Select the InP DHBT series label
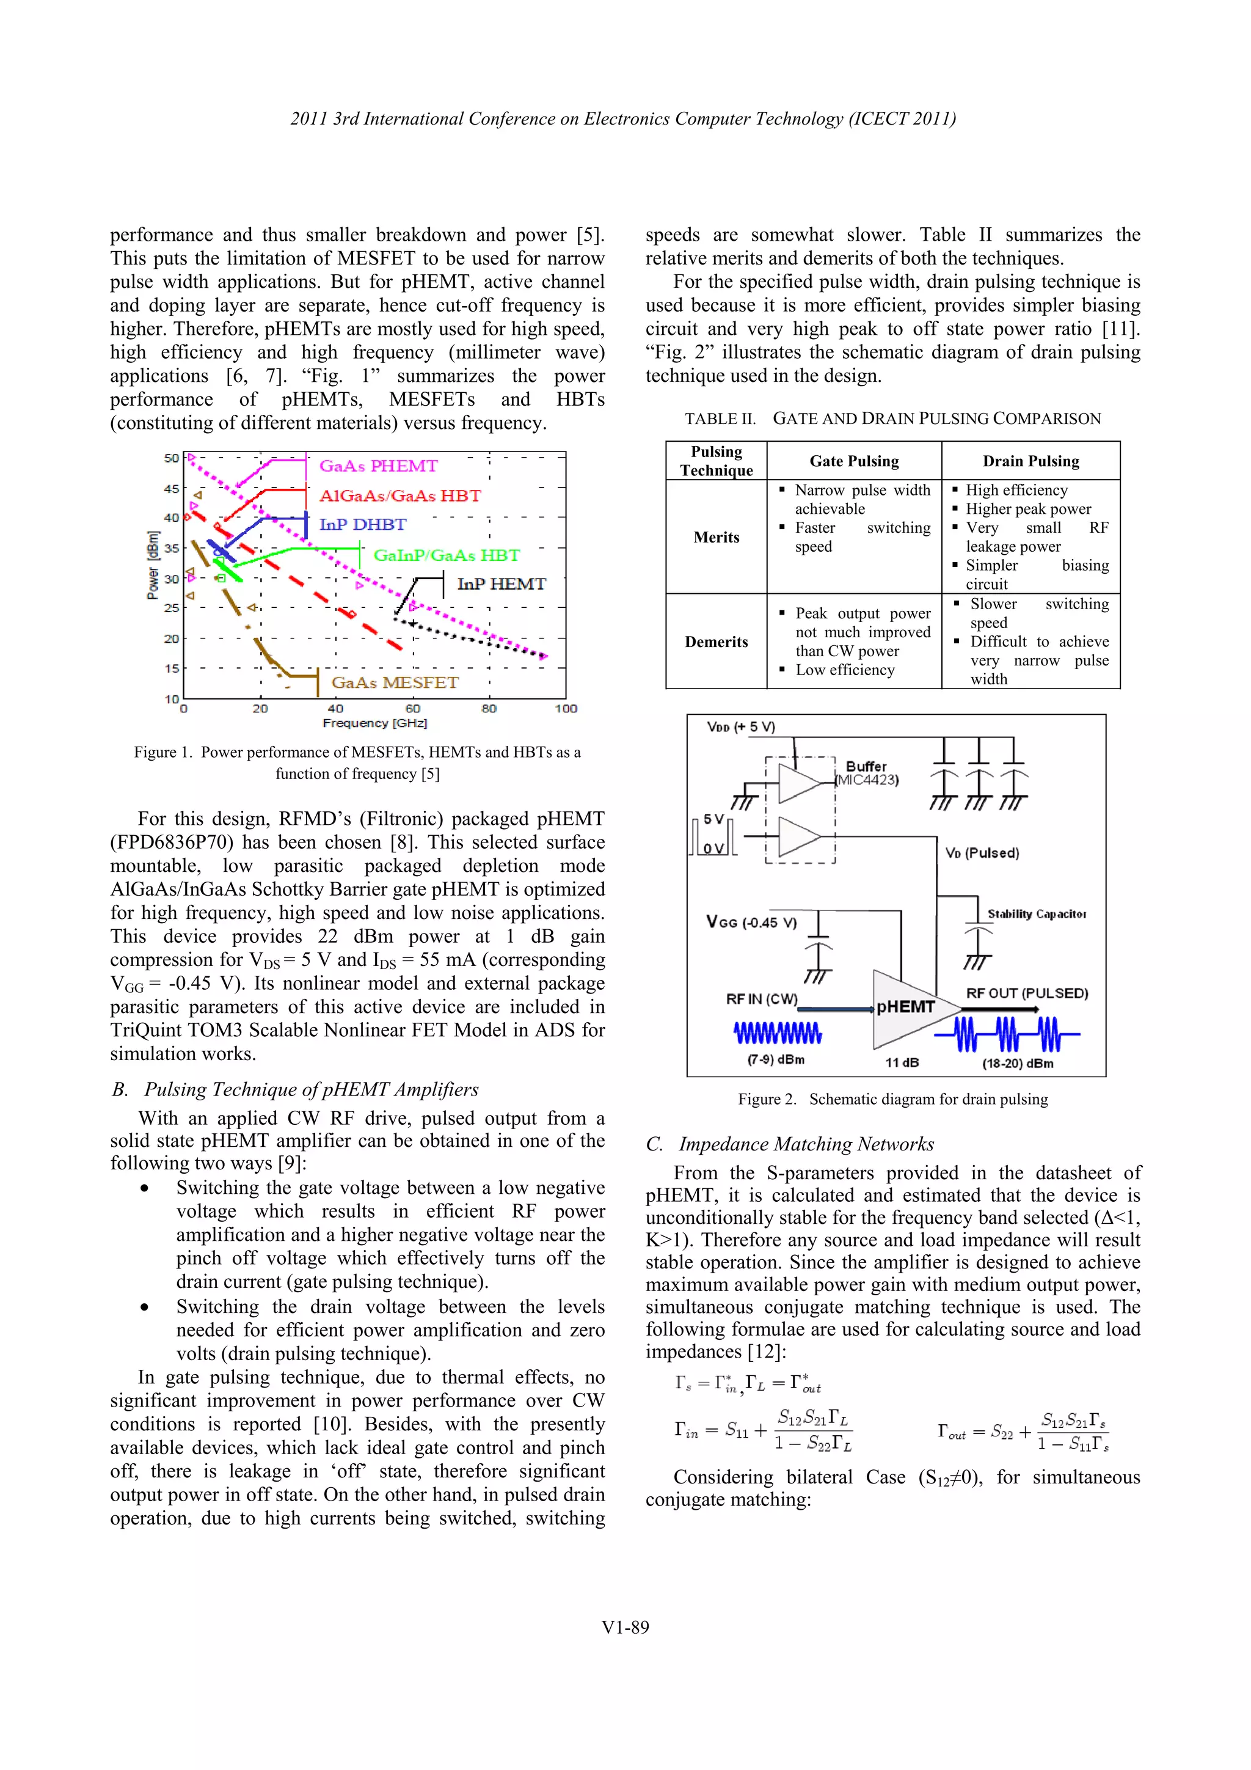tap(362, 524)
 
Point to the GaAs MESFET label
tap(394, 682)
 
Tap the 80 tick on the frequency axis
tap(489, 708)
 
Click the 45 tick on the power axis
tap(171, 489)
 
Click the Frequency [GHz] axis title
tap(374, 723)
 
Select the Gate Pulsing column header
tap(853, 461)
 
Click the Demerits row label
tap(716, 642)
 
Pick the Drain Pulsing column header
tap(1030, 461)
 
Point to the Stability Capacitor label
tap(1036, 913)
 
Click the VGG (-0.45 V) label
tap(751, 922)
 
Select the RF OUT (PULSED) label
tap(1027, 993)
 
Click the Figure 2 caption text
tap(892, 1099)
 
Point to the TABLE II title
tap(892, 419)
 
